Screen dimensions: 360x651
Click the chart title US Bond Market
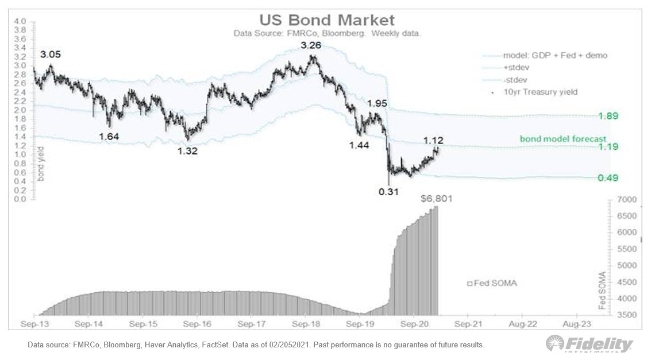326,20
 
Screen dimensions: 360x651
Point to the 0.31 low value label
390,192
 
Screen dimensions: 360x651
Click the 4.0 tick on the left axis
20,21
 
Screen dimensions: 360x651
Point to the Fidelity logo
590,343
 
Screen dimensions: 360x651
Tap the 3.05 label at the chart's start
51,55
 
